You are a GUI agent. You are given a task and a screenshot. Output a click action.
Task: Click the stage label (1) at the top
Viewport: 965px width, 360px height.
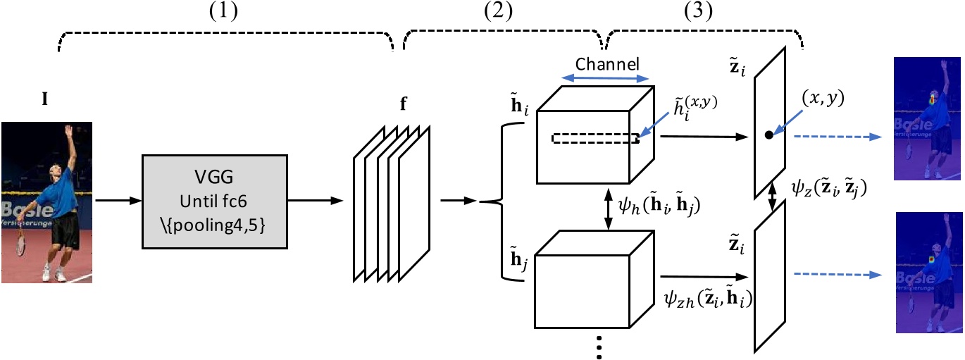225,13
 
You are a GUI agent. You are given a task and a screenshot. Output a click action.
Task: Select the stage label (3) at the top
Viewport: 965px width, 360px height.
699,13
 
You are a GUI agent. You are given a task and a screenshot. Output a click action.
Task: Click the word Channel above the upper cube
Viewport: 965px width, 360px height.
607,63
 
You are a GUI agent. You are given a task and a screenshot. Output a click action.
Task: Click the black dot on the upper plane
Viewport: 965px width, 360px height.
768,134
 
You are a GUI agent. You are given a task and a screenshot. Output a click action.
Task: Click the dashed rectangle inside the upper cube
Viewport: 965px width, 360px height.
594,139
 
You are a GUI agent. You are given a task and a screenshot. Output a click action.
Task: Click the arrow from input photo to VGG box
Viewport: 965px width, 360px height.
118,202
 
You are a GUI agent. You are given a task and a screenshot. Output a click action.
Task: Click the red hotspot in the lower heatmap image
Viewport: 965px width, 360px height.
931,262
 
